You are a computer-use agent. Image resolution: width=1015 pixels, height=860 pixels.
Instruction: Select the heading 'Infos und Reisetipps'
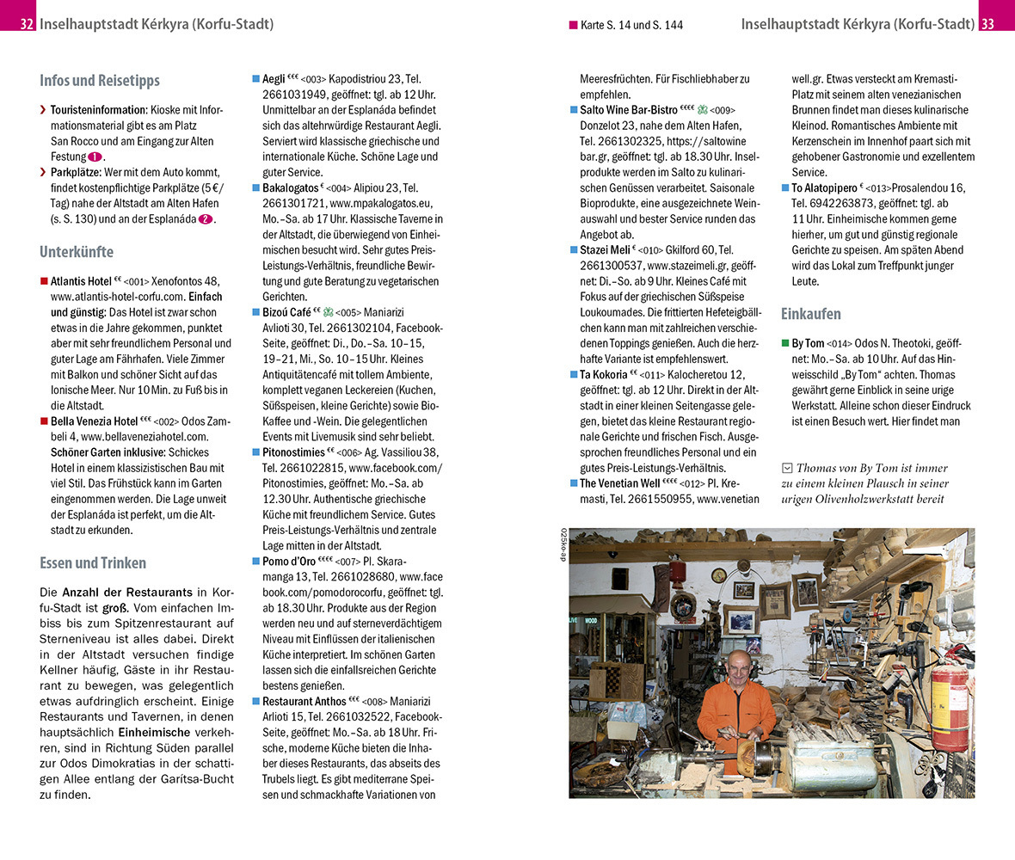[99, 80]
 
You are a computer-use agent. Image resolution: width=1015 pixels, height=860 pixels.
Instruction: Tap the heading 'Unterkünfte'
[76, 252]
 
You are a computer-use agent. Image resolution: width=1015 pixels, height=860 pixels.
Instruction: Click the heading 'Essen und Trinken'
[92, 563]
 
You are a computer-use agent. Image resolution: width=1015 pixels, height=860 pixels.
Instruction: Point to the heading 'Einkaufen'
[810, 314]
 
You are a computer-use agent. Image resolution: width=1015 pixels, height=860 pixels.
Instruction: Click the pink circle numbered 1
[95, 157]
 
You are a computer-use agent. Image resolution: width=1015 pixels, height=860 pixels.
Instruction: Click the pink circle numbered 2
[206, 219]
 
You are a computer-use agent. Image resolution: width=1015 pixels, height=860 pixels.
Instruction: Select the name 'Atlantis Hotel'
[81, 281]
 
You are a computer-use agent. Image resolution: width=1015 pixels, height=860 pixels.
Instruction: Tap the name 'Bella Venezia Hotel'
[94, 421]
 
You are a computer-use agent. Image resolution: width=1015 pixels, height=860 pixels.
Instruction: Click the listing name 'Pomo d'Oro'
[288, 562]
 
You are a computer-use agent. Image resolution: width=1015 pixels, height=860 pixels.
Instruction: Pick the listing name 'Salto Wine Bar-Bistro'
[628, 110]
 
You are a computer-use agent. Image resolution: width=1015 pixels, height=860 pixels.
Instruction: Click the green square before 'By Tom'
[784, 343]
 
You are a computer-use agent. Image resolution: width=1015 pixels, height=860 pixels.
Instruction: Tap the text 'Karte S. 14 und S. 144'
[631, 25]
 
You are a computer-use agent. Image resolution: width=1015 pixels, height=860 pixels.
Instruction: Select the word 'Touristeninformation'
[98, 110]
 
